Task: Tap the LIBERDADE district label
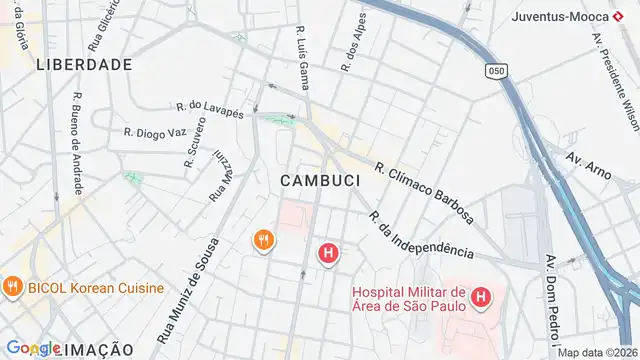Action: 84,64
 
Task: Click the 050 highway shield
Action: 496,70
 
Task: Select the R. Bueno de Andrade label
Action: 77,146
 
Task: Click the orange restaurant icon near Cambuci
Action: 264,240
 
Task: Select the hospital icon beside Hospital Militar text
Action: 481,296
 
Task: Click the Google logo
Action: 33,349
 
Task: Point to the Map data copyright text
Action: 598,352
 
